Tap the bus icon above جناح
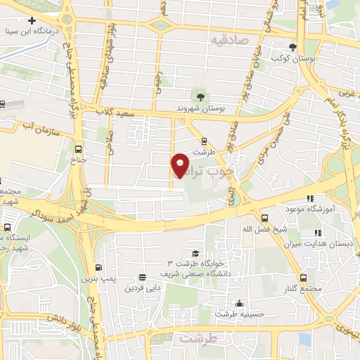[77, 149]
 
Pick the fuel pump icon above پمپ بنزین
[98, 268]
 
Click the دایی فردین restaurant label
[143, 288]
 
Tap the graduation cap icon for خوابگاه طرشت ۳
[194, 253]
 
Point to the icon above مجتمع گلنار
[303, 278]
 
